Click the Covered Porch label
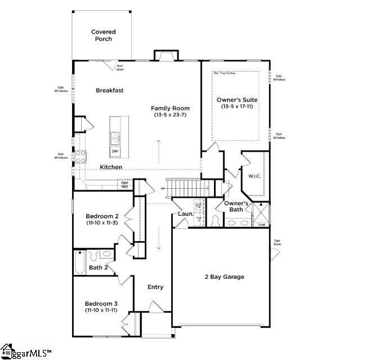point(103,35)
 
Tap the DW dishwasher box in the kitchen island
point(115,151)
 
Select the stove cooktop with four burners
point(80,155)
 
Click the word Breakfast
point(109,90)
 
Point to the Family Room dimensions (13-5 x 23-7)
point(170,115)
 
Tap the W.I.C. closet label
point(256,176)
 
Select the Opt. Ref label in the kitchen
point(125,184)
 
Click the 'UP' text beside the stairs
point(163,188)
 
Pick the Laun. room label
point(186,214)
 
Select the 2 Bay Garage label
point(224,277)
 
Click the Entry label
point(155,287)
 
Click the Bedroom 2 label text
point(101,216)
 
